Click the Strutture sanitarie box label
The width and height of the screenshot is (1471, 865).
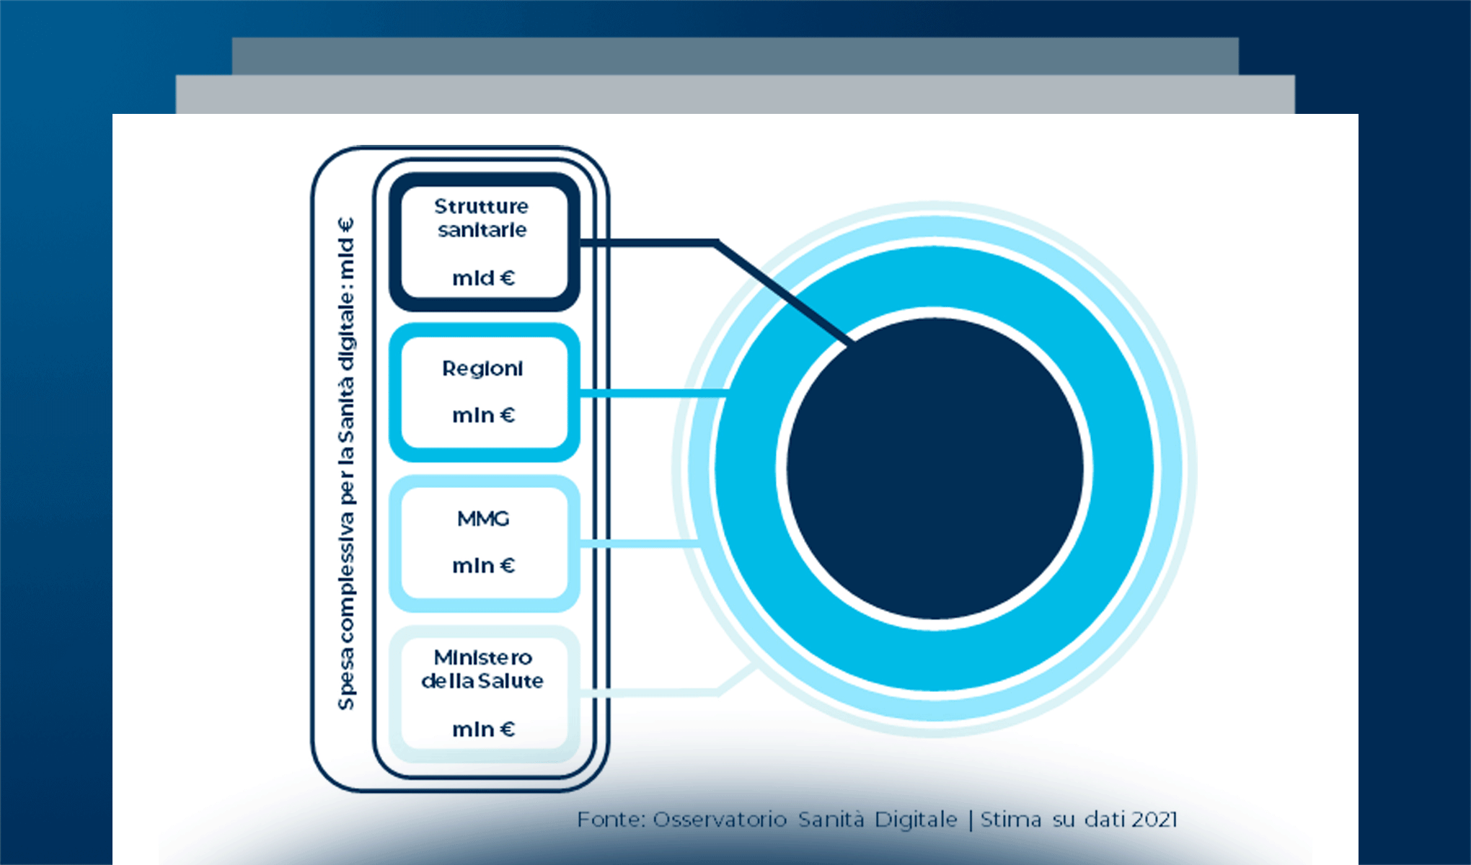coord(482,218)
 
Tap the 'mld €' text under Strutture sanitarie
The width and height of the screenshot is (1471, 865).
coord(483,278)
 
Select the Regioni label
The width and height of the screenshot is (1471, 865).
coord(482,368)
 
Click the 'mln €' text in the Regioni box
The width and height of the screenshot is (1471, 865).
coord(483,415)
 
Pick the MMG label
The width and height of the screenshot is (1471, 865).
coord(483,518)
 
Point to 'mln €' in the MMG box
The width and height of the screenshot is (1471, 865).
coord(483,566)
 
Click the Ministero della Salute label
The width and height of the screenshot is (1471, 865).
coord(482,669)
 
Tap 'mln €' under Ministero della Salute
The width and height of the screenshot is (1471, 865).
coord(483,729)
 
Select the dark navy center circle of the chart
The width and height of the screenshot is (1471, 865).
coord(935,469)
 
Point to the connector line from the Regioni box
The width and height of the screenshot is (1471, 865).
coord(649,393)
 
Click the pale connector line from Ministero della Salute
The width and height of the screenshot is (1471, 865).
coord(649,692)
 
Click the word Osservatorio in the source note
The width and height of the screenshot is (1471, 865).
coord(719,820)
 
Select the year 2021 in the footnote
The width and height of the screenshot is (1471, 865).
coord(1154,820)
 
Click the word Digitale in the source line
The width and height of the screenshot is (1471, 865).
coord(916,820)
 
